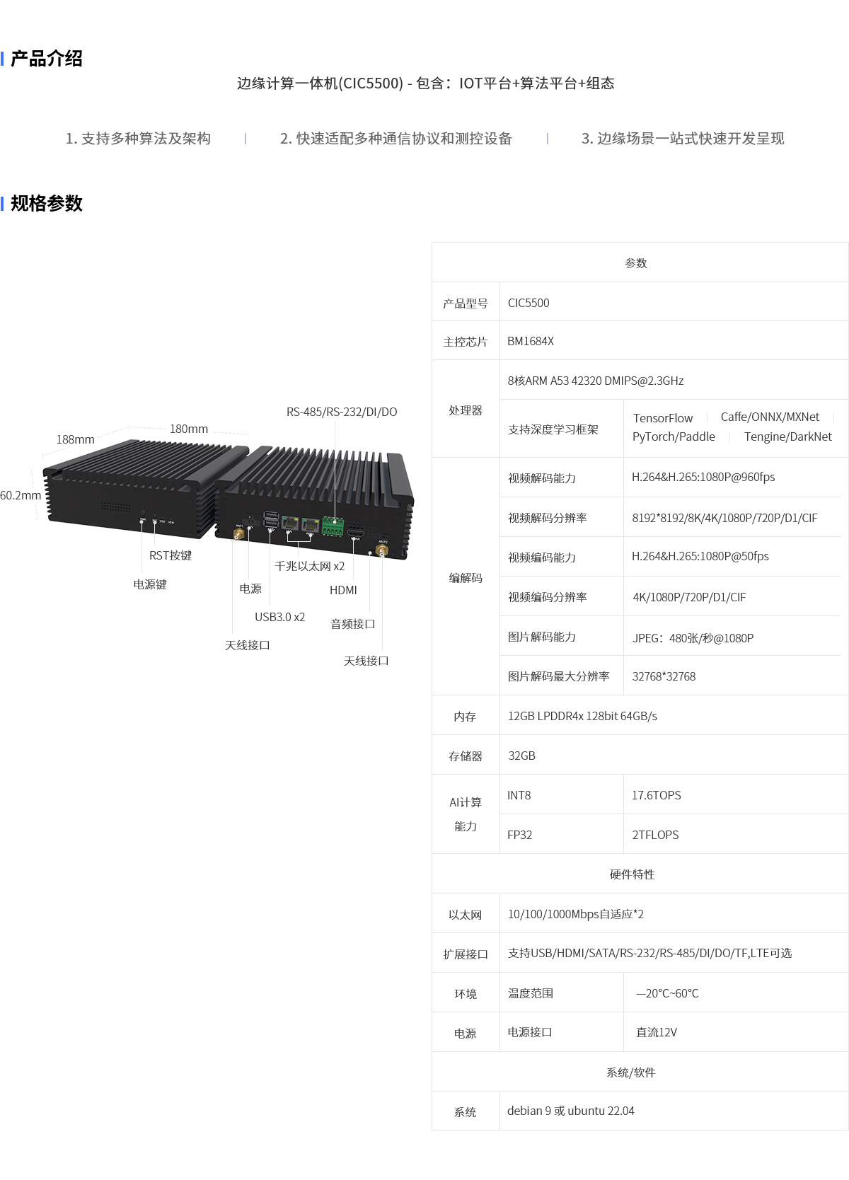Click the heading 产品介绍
pos(47,59)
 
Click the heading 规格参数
pos(47,203)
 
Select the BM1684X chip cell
pos(531,342)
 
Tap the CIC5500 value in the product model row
pos(529,303)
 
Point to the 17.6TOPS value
pos(657,795)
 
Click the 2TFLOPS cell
pos(655,835)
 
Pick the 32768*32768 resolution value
pos(664,676)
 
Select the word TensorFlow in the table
pos(662,418)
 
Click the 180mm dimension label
pos(189,429)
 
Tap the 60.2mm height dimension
pos(21,495)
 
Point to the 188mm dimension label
pos(75,439)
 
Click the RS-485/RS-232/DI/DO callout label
pos(342,412)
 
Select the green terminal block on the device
pos(333,526)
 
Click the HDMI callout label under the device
pos(343,590)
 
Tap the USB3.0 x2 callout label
pos(279,617)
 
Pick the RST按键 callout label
pos(171,555)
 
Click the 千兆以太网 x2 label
pos(310,566)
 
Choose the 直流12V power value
pos(657,1032)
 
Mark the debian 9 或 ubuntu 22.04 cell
pos(571,1111)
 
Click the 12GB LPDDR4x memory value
pos(582,716)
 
